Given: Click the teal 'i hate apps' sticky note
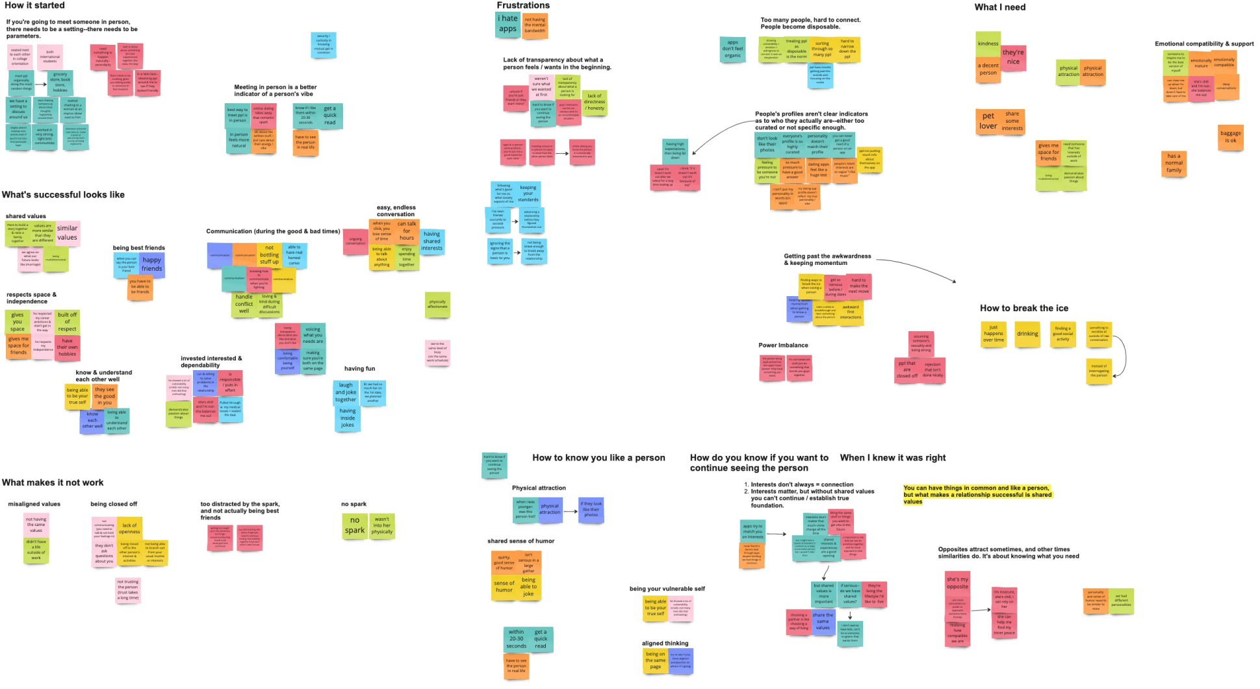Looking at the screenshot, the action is [508, 24].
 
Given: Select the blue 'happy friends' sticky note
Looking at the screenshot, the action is [151, 264].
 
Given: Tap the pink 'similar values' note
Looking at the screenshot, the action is [67, 232].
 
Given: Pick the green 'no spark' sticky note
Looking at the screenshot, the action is [354, 525].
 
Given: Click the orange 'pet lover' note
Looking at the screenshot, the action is [988, 121].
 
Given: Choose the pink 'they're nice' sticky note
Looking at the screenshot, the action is [1012, 57].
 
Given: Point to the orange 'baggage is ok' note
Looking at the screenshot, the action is [1230, 137].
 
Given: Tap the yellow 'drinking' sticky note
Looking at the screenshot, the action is [1027, 334].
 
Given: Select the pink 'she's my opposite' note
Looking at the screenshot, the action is [957, 583].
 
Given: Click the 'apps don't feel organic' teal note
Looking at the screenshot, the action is [732, 49].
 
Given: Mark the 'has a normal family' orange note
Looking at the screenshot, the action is [1174, 163].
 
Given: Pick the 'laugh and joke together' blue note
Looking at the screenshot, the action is [346, 392].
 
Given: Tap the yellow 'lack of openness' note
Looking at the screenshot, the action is [129, 529].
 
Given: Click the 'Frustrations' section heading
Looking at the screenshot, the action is [523, 5].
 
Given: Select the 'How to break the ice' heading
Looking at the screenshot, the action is [1023, 308].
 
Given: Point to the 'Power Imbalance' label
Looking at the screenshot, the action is [783, 345].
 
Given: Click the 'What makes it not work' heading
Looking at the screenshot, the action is [53, 482].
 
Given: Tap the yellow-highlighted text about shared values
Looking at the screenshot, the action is [977, 495].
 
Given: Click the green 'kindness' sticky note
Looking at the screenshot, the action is [988, 44].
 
